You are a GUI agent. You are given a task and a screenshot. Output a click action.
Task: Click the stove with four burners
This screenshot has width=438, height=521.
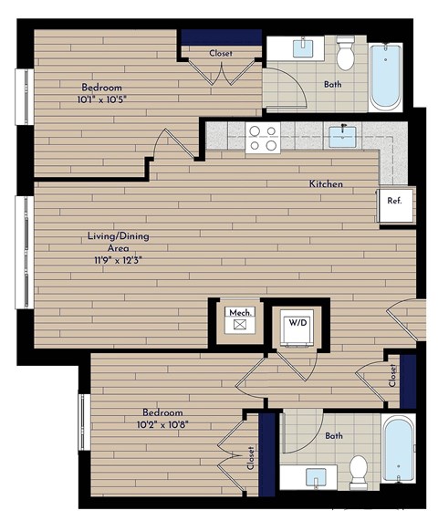click(x=264, y=138)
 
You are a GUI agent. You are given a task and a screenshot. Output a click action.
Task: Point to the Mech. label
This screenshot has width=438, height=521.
click(x=240, y=312)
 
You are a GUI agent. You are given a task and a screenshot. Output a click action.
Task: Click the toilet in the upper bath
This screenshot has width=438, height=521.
click(x=346, y=55)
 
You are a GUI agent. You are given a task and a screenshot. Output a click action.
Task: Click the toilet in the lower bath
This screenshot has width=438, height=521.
click(x=358, y=468)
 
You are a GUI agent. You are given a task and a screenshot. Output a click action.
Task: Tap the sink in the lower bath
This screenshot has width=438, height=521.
click(x=315, y=476)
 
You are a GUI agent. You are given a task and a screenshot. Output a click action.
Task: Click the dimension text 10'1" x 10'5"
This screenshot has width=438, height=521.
click(x=101, y=100)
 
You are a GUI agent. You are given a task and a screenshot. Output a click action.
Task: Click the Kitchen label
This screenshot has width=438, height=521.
click(x=326, y=184)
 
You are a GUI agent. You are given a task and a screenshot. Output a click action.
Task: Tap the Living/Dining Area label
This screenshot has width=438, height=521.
click(x=117, y=242)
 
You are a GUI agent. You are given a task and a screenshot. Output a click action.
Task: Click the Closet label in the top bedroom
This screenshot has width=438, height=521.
click(x=221, y=53)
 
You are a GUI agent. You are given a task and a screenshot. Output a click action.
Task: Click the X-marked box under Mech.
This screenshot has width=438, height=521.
click(x=240, y=324)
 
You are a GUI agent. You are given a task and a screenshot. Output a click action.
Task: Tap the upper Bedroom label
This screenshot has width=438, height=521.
click(x=101, y=88)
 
